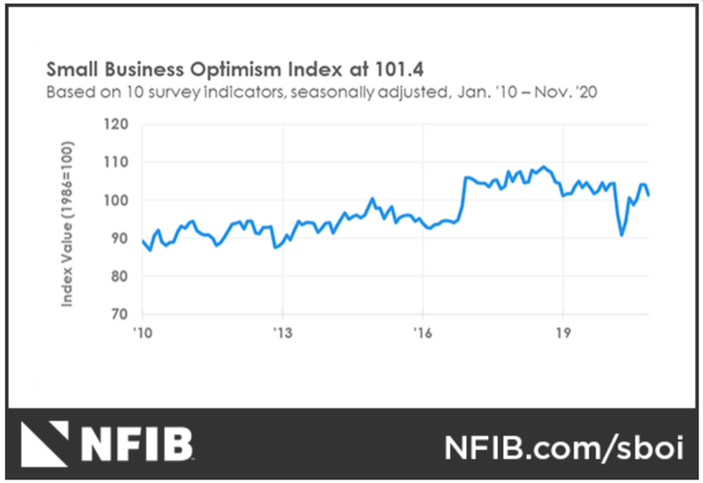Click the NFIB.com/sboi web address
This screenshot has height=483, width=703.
pyautogui.click(x=564, y=446)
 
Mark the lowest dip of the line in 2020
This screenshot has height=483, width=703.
pyautogui.click(x=621, y=235)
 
